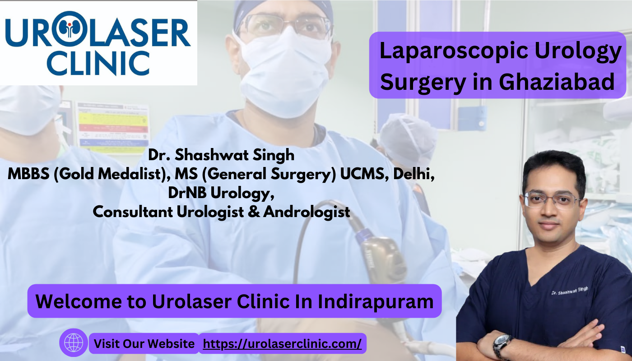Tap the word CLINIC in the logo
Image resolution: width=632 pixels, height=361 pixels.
[x=98, y=64]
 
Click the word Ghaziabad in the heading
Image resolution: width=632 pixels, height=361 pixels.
[x=557, y=82]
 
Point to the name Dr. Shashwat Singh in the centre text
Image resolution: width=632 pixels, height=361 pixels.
[x=221, y=155]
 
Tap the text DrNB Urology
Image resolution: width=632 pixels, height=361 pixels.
[x=221, y=193]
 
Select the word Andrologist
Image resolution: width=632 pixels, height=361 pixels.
[x=307, y=212]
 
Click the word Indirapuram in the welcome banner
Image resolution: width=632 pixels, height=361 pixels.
[x=376, y=301]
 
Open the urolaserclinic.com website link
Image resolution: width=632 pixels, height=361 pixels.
[x=282, y=343]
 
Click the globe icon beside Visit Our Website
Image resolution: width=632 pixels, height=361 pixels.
[x=74, y=342]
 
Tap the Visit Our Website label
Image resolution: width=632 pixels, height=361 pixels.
[x=144, y=344]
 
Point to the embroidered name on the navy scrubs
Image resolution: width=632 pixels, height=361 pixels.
[x=570, y=291]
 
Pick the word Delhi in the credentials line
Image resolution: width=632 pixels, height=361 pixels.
[x=414, y=174]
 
